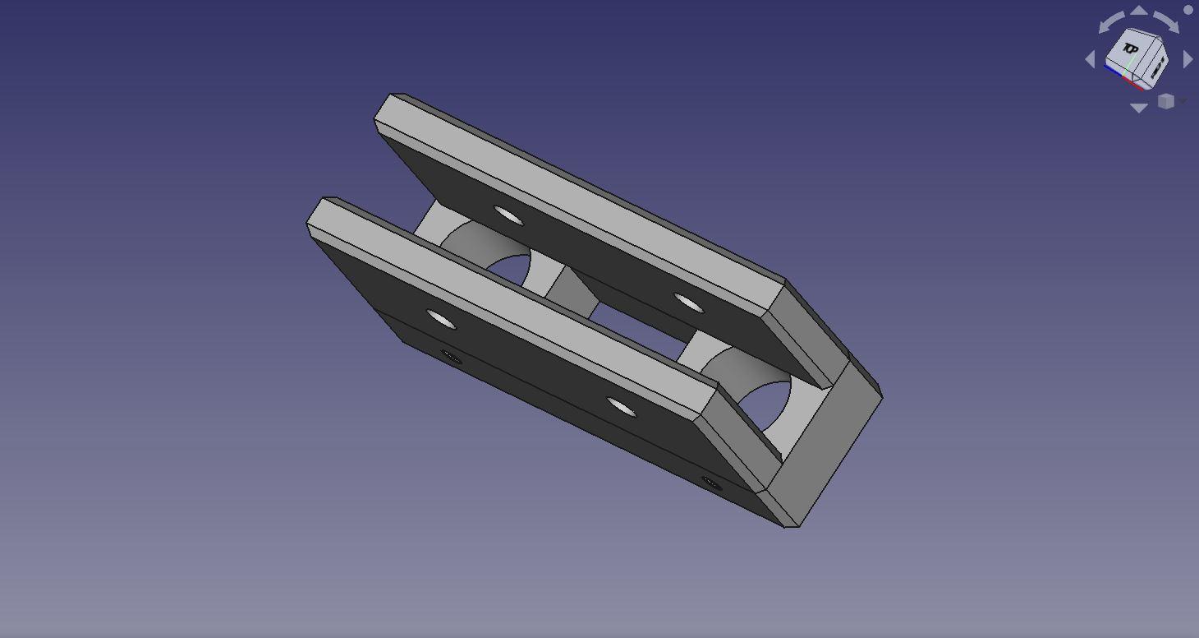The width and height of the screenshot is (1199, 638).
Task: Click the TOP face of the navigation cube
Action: click(1131, 51)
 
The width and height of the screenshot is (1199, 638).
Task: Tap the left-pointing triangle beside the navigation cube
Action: click(1090, 59)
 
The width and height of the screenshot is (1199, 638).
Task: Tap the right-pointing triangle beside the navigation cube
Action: click(1188, 59)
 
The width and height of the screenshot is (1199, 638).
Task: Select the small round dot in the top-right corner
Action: click(1188, 10)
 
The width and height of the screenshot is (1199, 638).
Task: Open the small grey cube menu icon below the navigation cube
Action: click(1166, 101)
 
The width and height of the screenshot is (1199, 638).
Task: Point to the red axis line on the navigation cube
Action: click(1137, 83)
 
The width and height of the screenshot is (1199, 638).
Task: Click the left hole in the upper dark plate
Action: click(508, 216)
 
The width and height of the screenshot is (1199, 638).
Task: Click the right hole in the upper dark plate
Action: click(688, 304)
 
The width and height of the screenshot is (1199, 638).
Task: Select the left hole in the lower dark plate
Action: click(441, 319)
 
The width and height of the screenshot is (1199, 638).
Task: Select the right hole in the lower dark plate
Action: click(621, 406)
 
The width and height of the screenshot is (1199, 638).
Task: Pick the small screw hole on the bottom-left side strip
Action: click(451, 356)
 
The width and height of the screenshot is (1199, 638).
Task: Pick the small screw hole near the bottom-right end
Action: click(711, 484)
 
